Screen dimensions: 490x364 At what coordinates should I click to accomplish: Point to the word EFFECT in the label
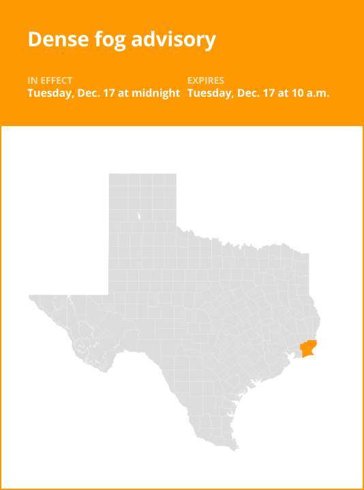pyautogui.click(x=57, y=81)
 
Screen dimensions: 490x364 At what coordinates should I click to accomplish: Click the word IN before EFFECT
pyautogui.click(x=32, y=81)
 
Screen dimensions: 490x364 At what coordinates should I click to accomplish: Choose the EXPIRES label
pyautogui.click(x=205, y=81)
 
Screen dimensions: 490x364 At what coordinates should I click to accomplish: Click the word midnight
pyautogui.click(x=156, y=93)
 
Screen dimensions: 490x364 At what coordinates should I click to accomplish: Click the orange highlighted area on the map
pyautogui.click(x=309, y=349)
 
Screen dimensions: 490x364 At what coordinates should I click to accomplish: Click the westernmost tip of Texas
pyautogui.click(x=29, y=297)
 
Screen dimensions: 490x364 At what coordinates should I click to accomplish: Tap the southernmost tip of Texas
pyautogui.click(x=236, y=450)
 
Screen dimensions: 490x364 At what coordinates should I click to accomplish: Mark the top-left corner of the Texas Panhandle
pyautogui.click(x=110, y=174)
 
